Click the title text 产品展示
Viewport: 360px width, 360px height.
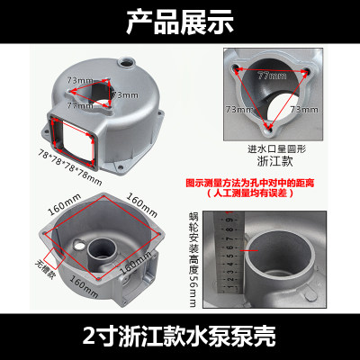tap(180, 18)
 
